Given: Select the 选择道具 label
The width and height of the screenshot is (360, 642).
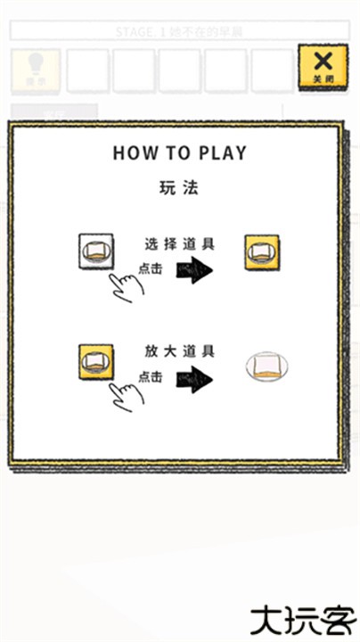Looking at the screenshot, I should [178, 243].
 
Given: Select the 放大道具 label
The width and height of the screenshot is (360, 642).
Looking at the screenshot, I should [178, 350].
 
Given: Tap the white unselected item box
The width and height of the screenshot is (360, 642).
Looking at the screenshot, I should [96, 251].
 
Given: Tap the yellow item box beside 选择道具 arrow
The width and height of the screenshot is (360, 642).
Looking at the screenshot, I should [261, 253].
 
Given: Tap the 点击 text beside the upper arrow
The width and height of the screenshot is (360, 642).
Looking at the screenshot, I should [151, 267].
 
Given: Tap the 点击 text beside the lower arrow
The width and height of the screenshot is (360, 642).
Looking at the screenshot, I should [151, 376].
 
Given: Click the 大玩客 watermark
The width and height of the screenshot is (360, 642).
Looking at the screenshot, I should [303, 617].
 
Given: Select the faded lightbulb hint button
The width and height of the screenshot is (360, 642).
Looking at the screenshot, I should [35, 70].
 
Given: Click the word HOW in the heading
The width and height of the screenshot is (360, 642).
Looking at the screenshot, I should [129, 152].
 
